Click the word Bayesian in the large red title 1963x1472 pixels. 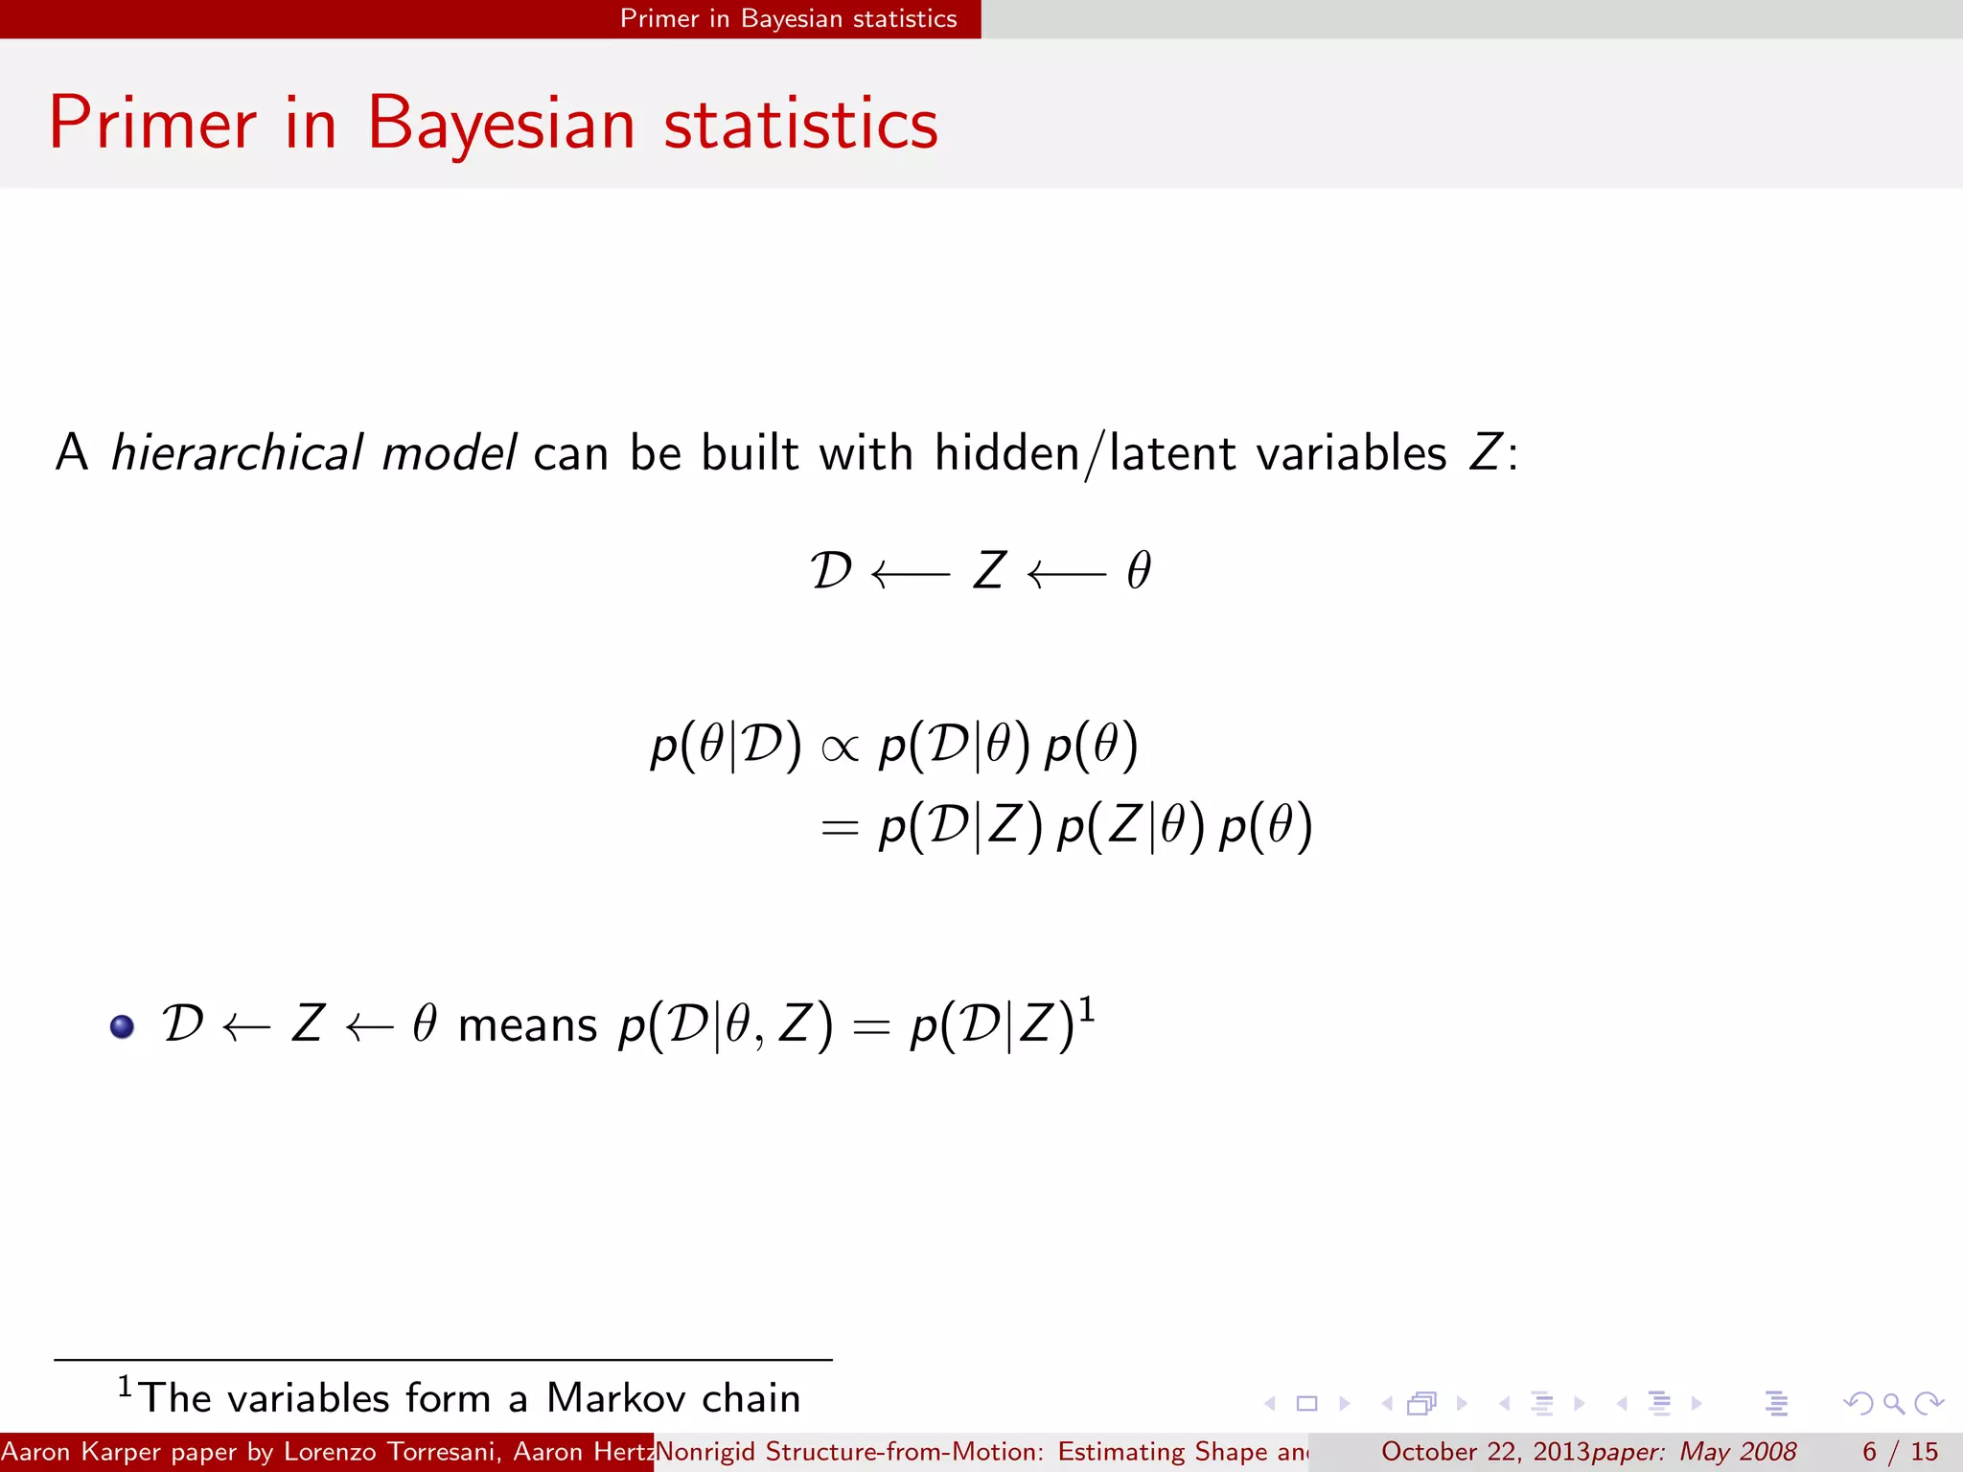click(500, 125)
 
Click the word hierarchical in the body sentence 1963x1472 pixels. click(236, 452)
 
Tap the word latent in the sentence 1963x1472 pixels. click(1171, 452)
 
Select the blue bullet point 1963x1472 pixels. click(122, 1026)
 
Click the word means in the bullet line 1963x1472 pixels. click(527, 1025)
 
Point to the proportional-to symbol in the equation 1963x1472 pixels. click(840, 747)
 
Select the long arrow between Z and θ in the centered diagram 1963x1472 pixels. click(1066, 574)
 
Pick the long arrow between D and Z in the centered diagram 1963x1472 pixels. click(911, 574)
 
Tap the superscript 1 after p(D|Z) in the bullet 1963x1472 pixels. click(1087, 1010)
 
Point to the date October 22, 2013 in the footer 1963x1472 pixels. click(1485, 1452)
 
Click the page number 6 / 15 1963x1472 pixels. click(1900, 1452)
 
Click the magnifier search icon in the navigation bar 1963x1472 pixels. click(1893, 1404)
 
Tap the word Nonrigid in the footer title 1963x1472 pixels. click(705, 1452)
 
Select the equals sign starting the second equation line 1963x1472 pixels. click(839, 828)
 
